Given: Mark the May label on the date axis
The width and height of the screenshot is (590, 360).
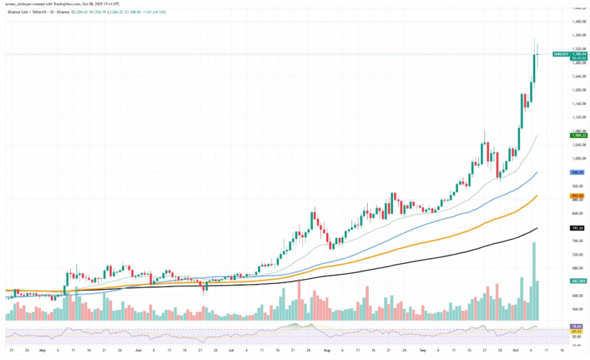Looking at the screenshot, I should pyautogui.click(x=41, y=350).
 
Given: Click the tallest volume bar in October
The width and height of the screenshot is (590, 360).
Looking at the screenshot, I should pyautogui.click(x=534, y=281).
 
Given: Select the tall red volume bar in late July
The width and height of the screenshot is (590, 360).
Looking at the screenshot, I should pyautogui.click(x=299, y=300).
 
